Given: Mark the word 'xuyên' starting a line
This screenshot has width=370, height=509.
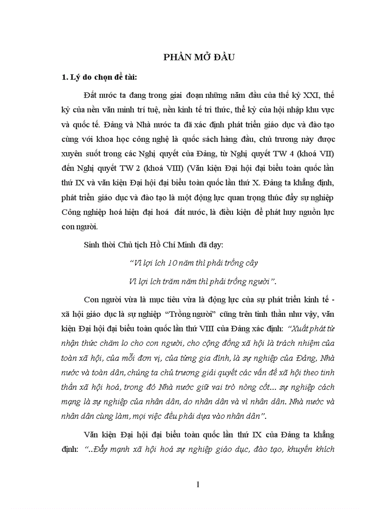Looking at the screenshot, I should (72, 153).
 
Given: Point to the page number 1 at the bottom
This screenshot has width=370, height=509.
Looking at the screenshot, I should (198, 485).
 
